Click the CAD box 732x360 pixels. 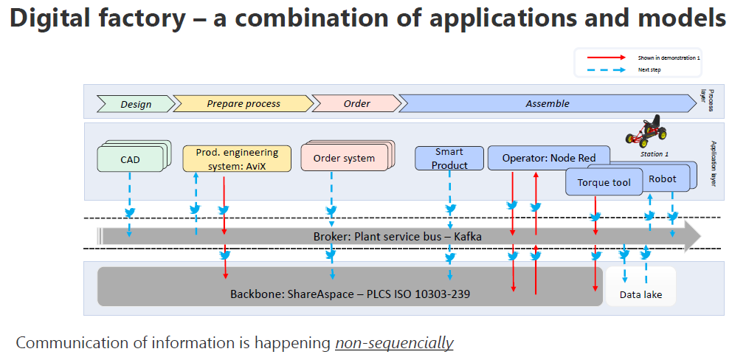[x=130, y=159]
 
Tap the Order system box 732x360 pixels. [x=344, y=158]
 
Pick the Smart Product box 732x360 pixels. [x=449, y=159]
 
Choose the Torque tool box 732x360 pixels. [x=603, y=182]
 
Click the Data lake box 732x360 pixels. [x=640, y=294]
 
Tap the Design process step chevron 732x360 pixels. [x=135, y=104]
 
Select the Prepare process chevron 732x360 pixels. [x=243, y=104]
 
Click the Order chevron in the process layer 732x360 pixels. [x=356, y=103]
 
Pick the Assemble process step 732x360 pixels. [x=547, y=103]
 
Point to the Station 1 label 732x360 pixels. [x=654, y=154]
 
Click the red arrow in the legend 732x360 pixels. [x=604, y=58]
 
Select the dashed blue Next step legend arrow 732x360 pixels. [x=604, y=69]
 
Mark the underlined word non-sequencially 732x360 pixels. [x=394, y=343]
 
